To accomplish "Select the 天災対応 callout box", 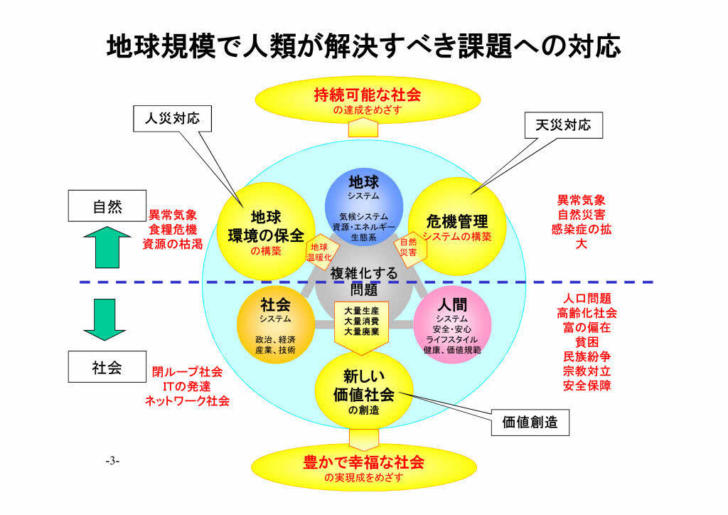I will coord(562,126).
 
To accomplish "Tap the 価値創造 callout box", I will coord(530,423).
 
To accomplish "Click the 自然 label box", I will coord(107,207).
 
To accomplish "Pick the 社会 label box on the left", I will coord(107,368).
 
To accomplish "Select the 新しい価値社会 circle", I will coord(363,391).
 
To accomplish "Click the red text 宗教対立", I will coord(587,371).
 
